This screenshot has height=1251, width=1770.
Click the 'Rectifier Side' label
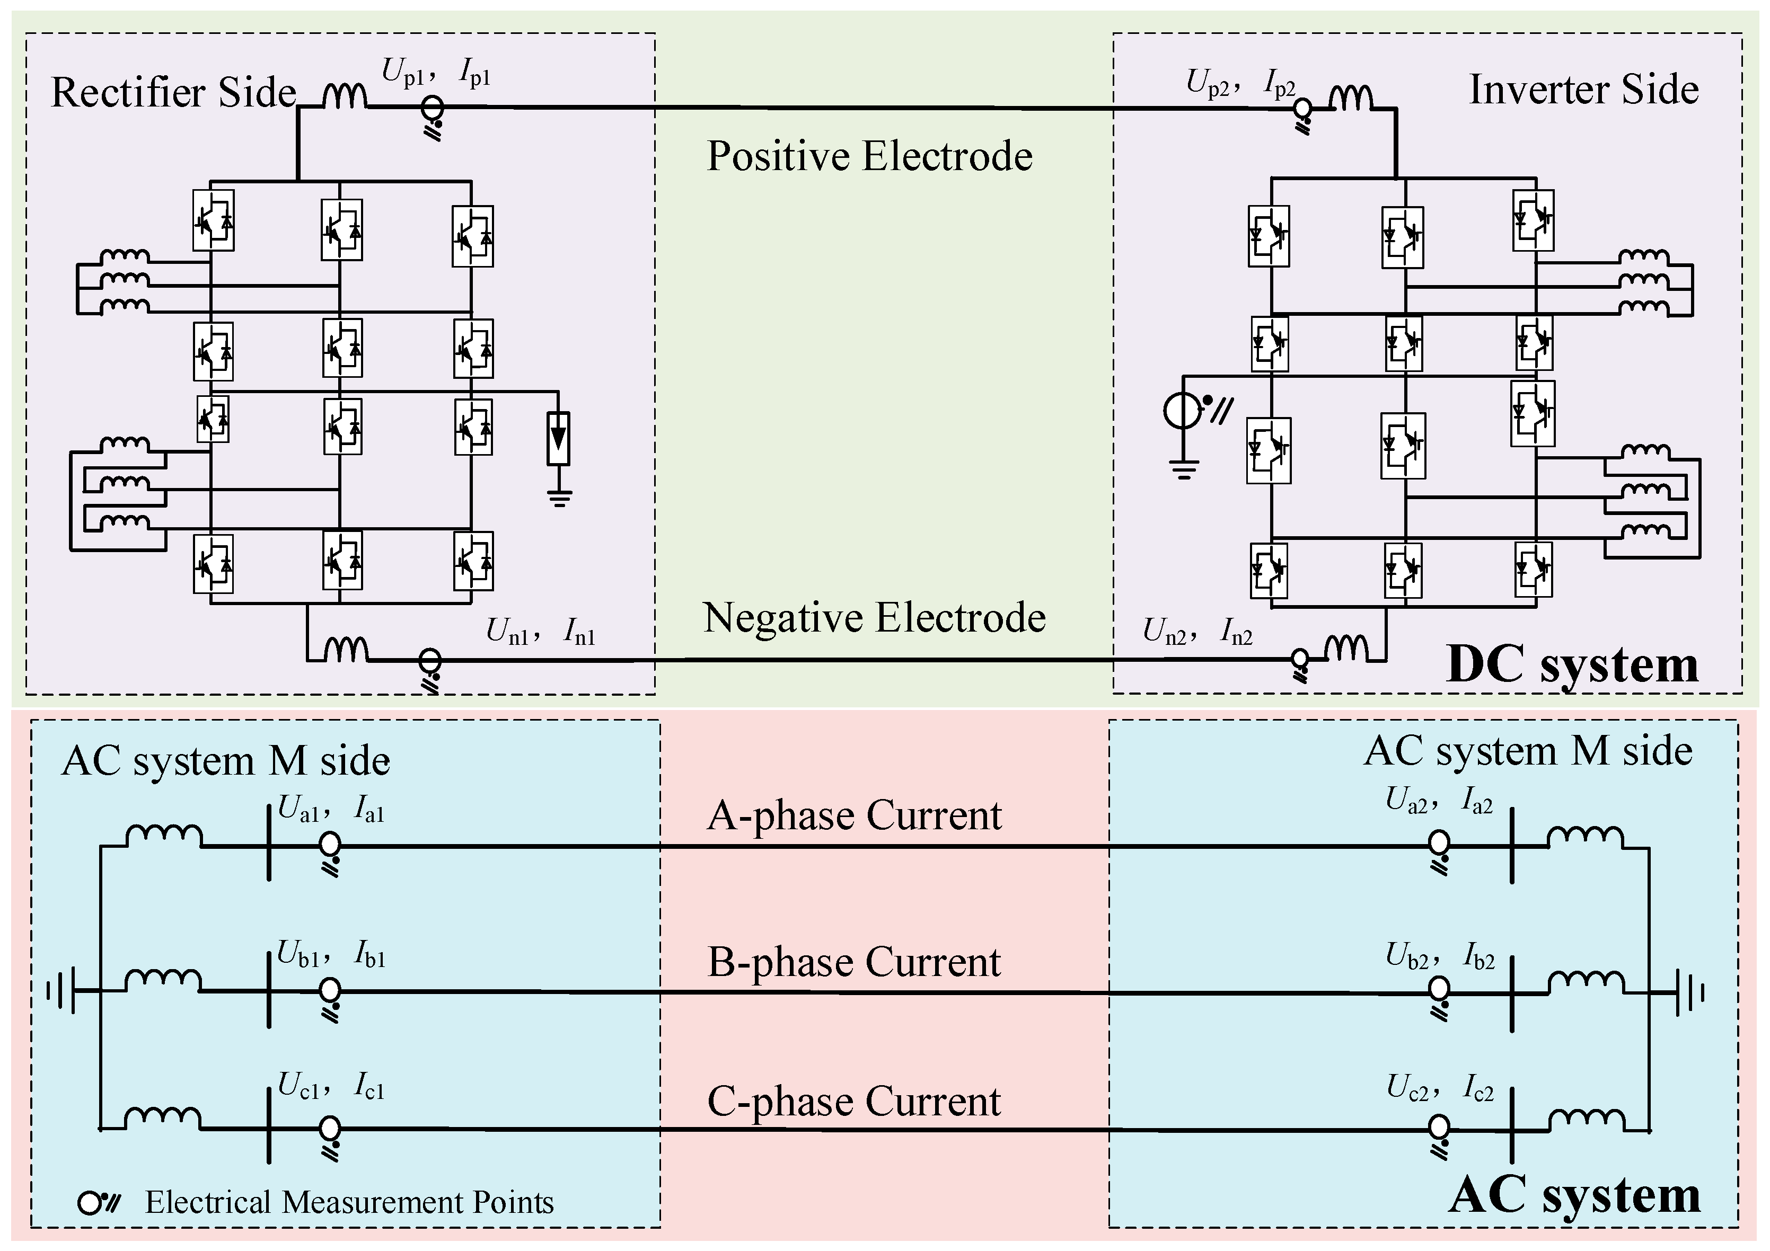pos(173,93)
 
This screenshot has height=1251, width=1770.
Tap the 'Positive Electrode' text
pos(869,156)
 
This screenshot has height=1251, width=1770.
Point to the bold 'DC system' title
pos(1573,664)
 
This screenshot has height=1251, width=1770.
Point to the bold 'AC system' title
pos(1574,1195)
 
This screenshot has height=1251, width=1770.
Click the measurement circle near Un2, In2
pos(1300,659)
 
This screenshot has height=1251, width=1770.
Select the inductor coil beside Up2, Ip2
pos(1351,99)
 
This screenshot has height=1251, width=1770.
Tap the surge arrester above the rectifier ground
pos(558,439)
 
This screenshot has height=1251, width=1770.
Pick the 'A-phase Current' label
pos(854,815)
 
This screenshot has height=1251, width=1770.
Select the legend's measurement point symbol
pos(99,1202)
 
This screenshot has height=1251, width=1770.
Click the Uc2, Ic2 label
pos(1439,1088)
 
